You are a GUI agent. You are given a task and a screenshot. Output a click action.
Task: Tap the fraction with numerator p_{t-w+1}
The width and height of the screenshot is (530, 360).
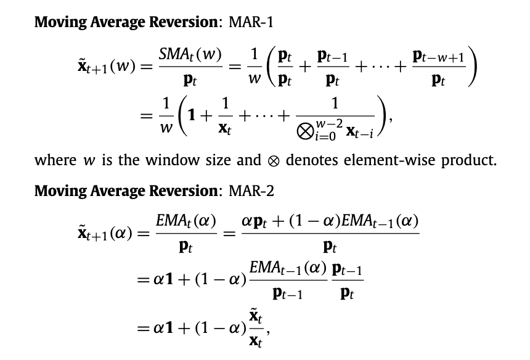439,68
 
